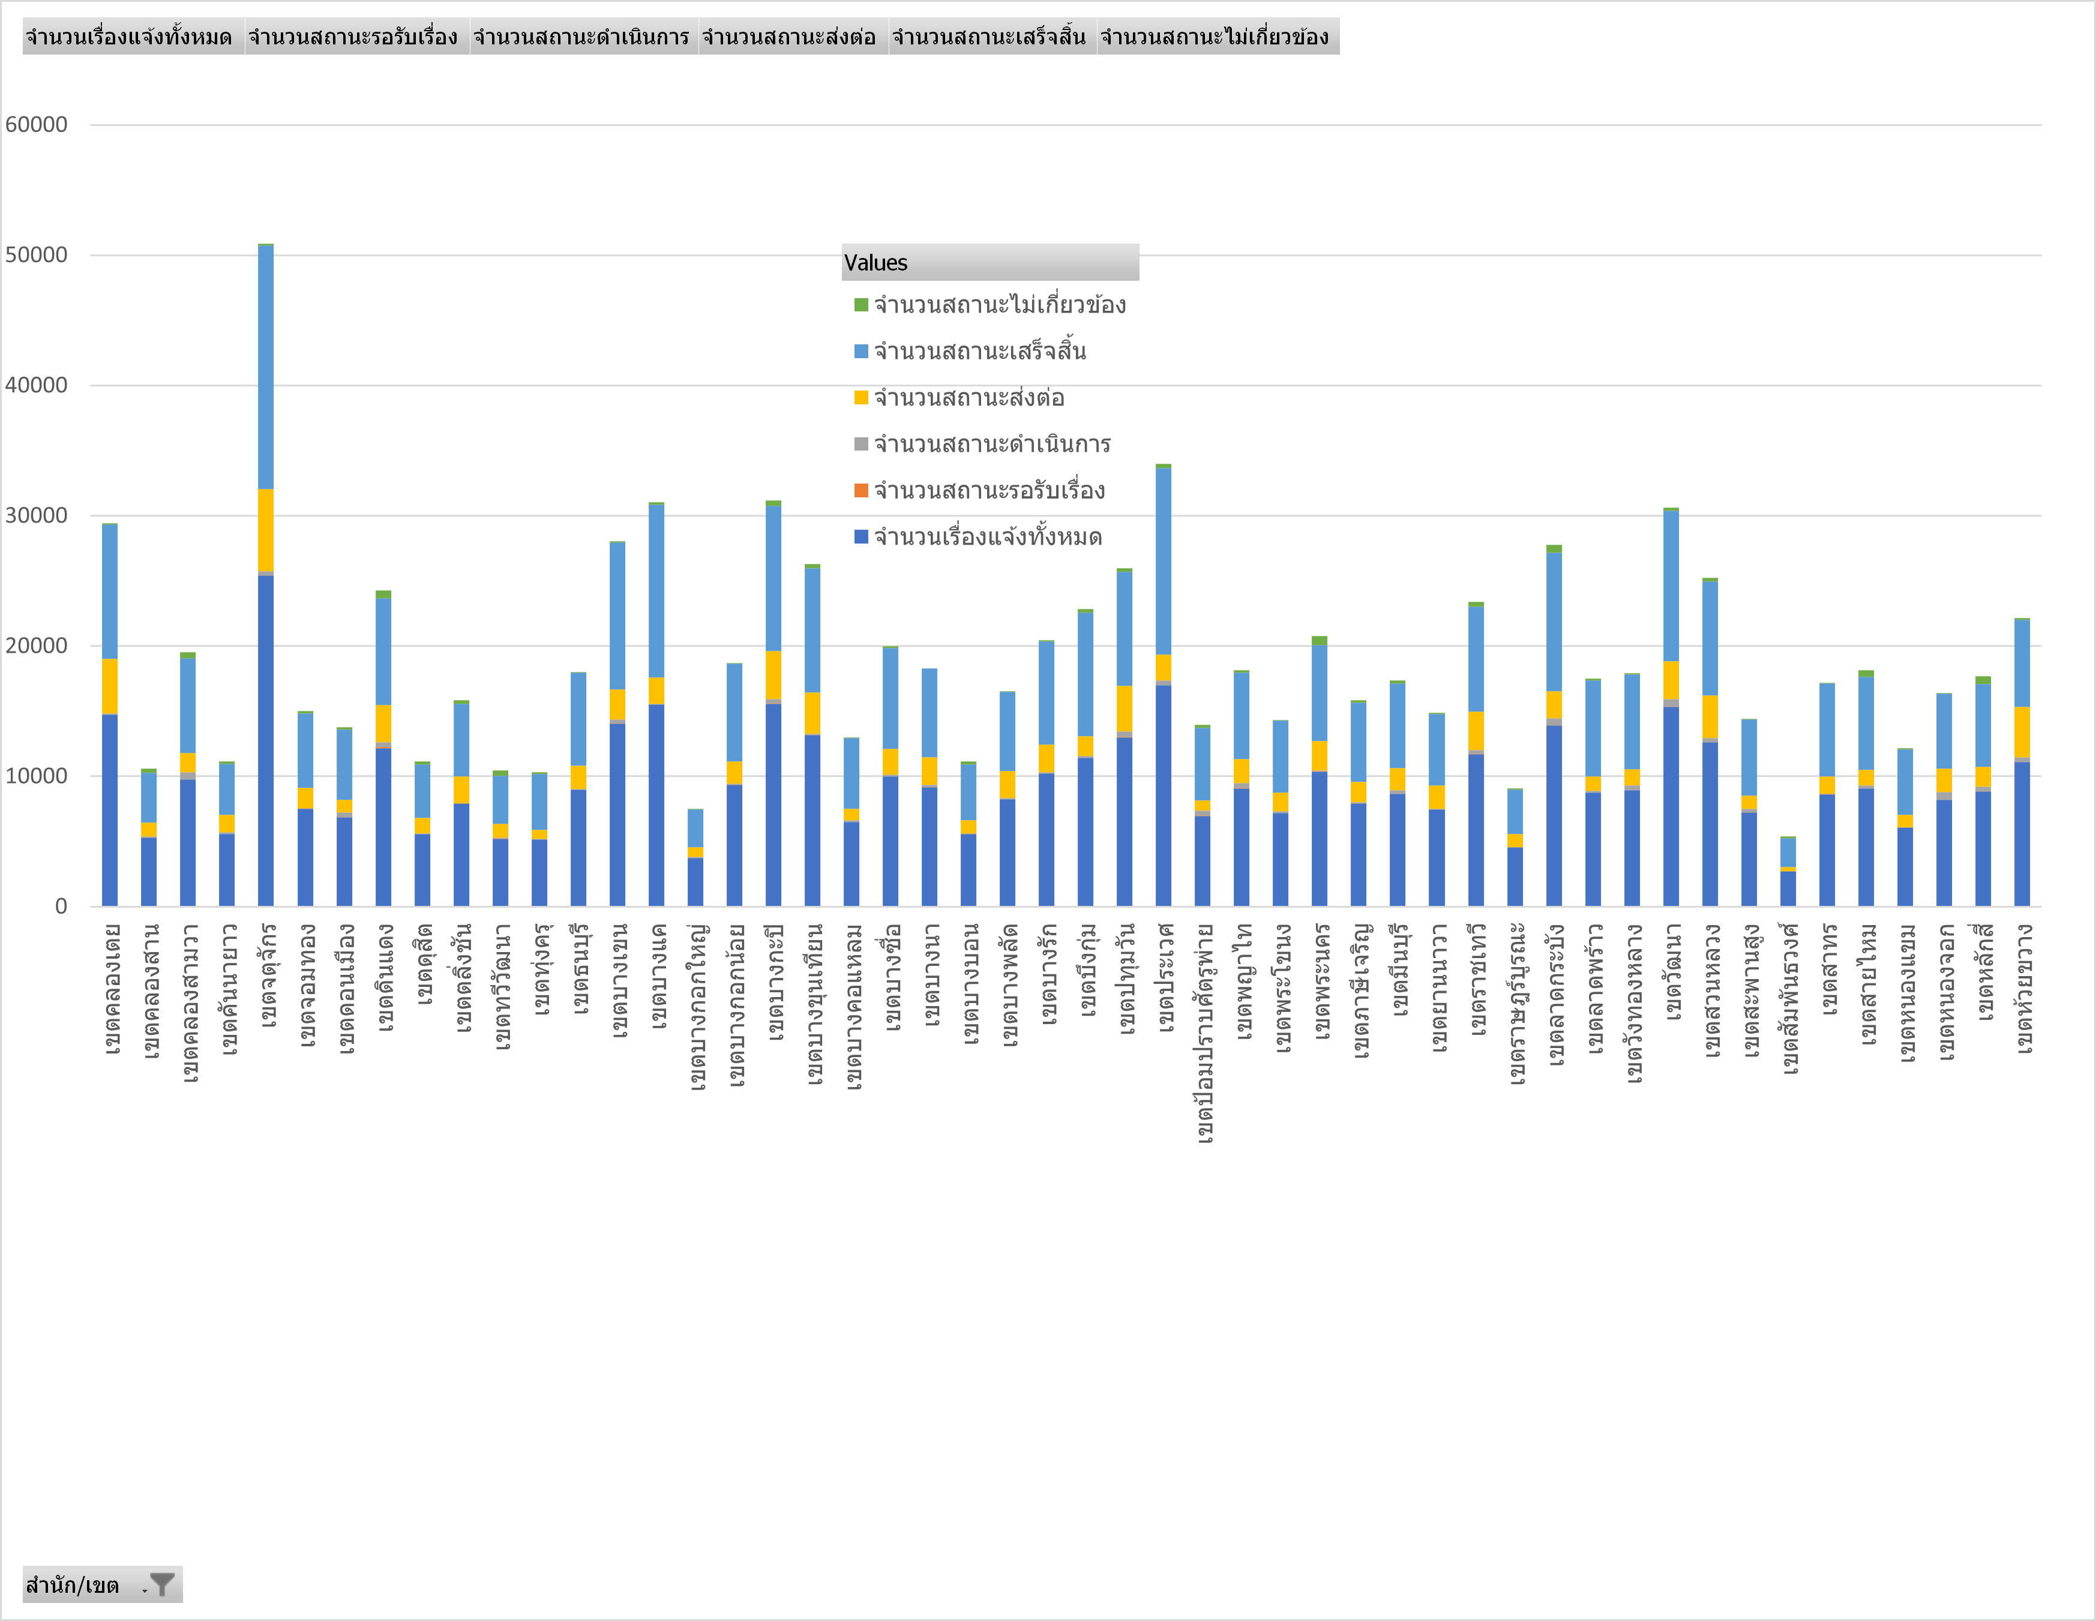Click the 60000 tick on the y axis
click(37, 125)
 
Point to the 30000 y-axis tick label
click(37, 515)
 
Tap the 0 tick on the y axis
click(61, 906)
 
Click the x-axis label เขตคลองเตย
click(112, 989)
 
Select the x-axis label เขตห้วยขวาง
click(2023, 989)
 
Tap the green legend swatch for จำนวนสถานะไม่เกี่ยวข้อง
click(861, 305)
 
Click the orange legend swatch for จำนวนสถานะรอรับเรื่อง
click(861, 490)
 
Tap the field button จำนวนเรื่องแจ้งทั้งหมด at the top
click(130, 37)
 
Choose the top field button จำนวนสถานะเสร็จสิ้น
click(988, 37)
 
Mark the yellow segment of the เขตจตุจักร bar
click(266, 530)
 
